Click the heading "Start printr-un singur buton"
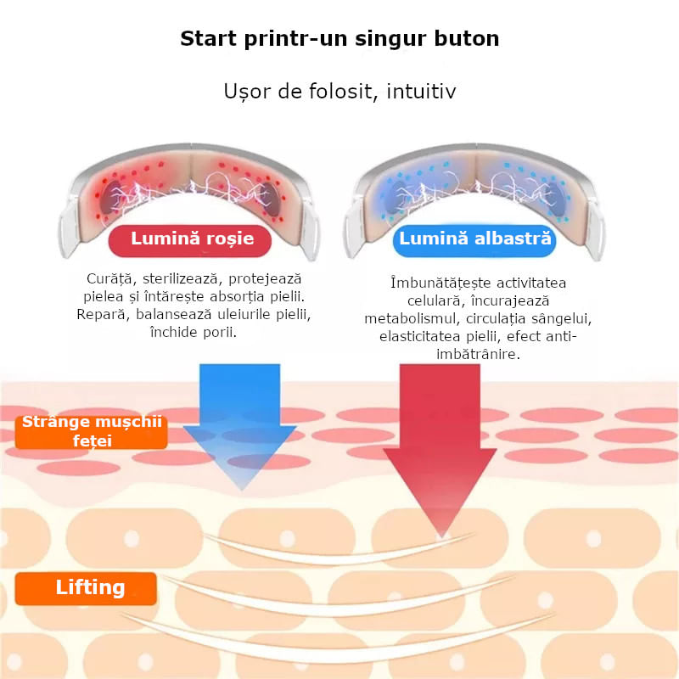pos(339,38)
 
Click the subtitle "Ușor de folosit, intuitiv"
pos(339,92)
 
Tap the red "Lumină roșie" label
pos(190,240)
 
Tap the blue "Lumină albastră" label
pos(474,240)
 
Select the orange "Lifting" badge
pos(86,588)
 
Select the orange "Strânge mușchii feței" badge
pos(92,431)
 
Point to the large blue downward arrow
pos(240,427)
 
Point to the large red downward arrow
pos(440,451)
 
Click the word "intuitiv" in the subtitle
pos(421,92)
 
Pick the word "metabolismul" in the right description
pos(412,319)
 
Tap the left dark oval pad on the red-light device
pos(111,197)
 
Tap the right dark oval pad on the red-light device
pos(271,199)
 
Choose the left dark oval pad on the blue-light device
pos(395,197)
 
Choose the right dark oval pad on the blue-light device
pos(555,199)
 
